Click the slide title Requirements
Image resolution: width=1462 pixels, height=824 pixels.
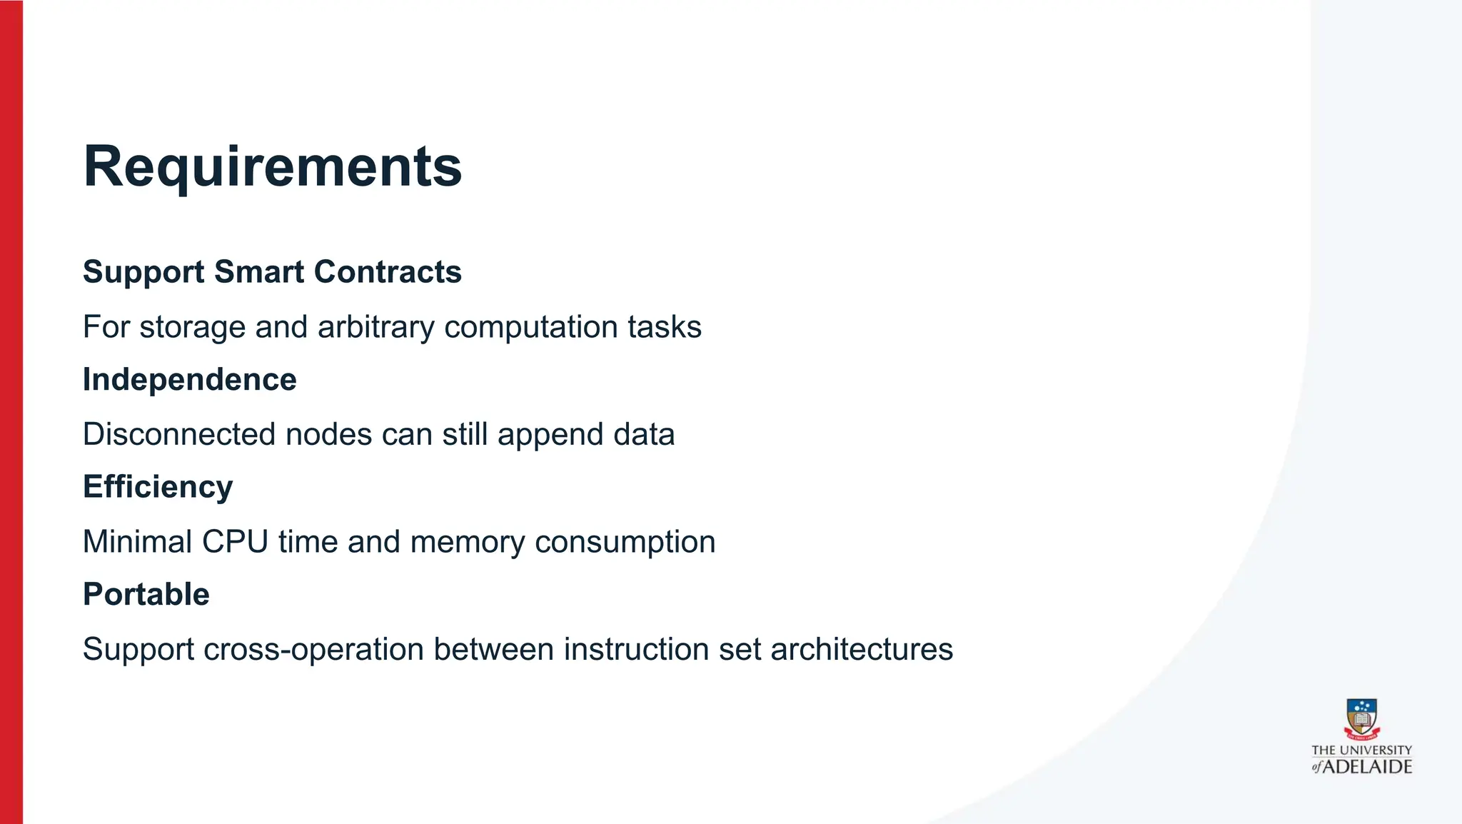[272, 166]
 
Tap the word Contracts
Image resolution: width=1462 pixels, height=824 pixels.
[388, 272]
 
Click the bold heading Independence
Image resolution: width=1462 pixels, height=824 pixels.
[189, 379]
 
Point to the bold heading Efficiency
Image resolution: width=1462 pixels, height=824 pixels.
[158, 487]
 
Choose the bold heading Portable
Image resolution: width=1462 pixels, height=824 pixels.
[146, 594]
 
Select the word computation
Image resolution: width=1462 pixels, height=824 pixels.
[530, 327]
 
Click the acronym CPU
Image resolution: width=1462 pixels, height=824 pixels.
[235, 542]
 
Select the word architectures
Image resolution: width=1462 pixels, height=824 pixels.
[862, 649]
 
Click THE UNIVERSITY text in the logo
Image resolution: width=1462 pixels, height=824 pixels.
[1361, 750]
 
